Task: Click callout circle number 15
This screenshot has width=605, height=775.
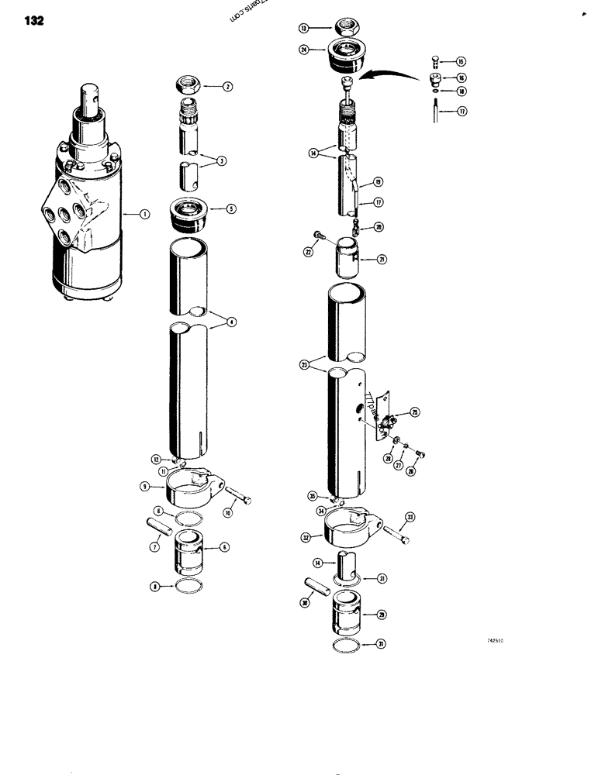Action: point(461,60)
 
